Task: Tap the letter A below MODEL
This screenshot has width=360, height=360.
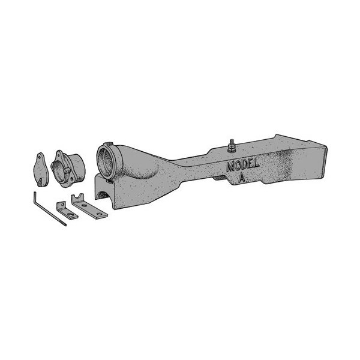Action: click(x=241, y=178)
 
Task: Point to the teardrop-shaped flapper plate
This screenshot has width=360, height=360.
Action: click(x=41, y=169)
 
